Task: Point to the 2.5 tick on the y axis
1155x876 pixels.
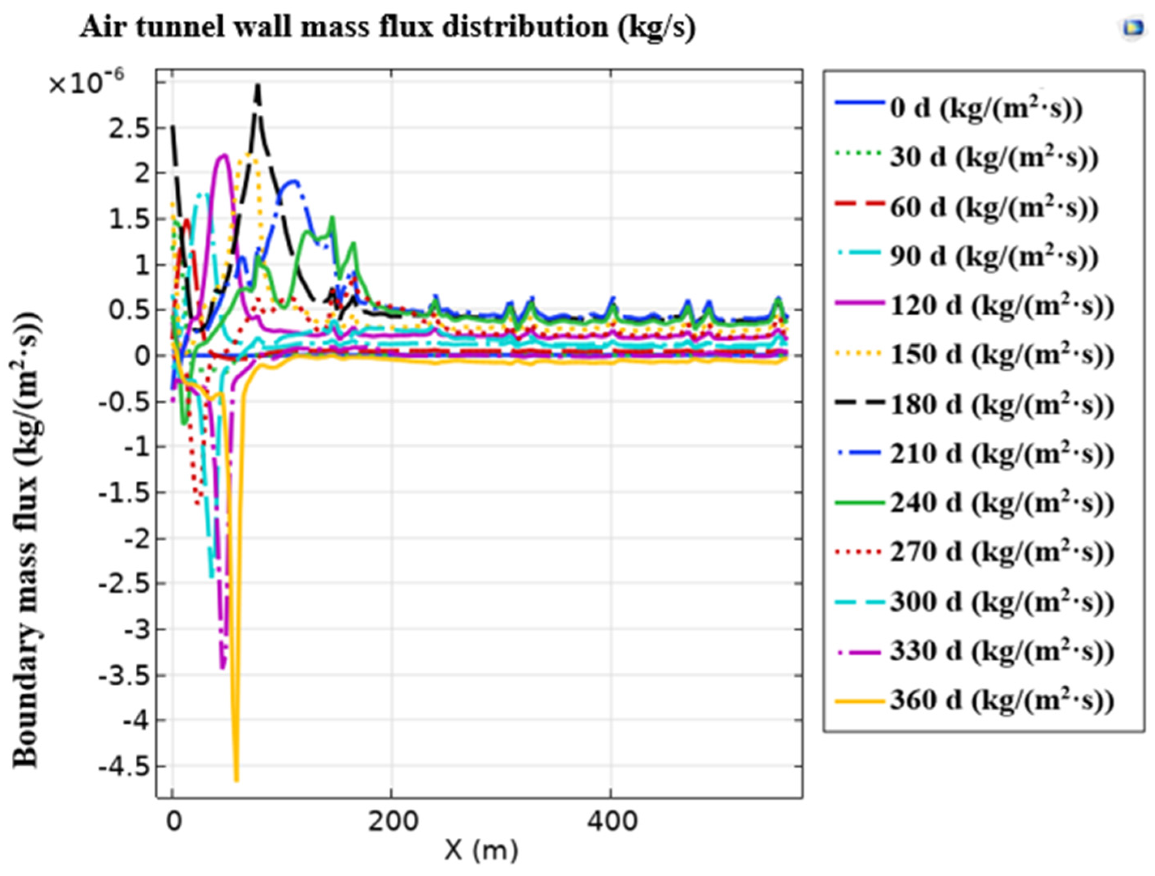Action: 128,129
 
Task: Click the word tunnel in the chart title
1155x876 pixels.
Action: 178,27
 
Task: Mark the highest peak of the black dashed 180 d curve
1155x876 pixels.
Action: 257,85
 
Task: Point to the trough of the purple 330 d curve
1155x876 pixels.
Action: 223,668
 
